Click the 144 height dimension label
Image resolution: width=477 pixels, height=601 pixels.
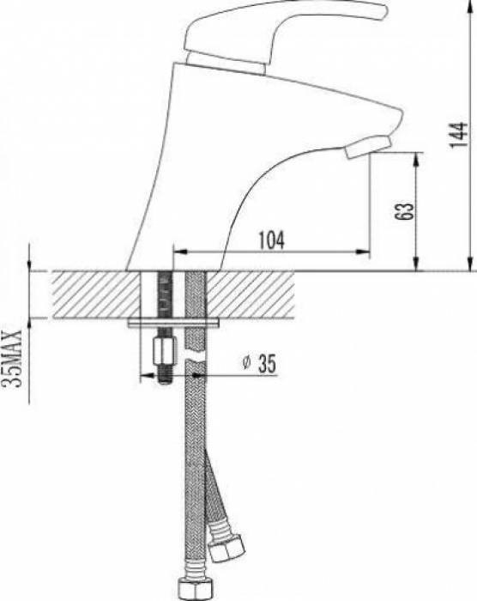[459, 135]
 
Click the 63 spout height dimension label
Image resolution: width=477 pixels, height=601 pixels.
[404, 210]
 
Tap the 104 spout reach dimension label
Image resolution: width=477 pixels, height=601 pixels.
[272, 240]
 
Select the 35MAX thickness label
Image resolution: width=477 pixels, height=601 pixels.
[11, 358]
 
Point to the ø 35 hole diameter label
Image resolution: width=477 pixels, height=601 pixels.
[259, 363]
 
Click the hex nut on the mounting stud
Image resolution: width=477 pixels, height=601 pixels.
[165, 350]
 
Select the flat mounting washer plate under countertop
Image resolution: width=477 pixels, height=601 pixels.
[173, 323]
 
